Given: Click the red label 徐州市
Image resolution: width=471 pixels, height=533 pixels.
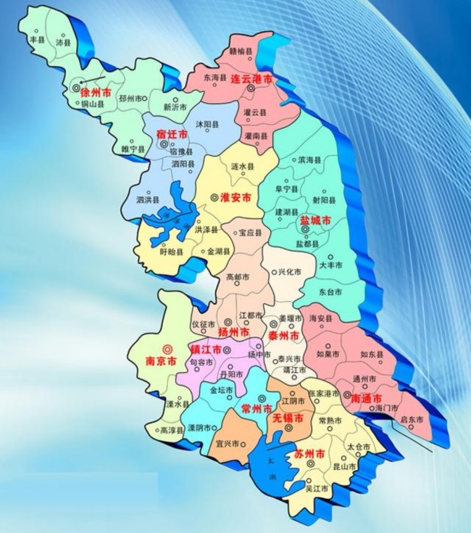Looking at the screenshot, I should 96,93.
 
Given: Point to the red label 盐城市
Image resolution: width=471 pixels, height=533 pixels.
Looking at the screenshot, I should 315,220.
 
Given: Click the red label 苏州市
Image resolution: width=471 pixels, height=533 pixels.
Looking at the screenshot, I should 309,454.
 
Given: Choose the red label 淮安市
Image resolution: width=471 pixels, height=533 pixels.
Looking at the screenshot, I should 235,198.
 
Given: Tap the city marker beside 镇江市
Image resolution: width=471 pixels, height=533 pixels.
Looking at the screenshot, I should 227,350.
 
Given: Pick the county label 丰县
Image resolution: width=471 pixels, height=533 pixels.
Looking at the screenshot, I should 37,39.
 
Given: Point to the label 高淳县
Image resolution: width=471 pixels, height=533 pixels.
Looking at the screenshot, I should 170,430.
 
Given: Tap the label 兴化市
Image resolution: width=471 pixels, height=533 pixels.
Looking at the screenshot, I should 290,271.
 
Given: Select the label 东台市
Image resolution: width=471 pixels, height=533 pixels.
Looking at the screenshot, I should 331,293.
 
